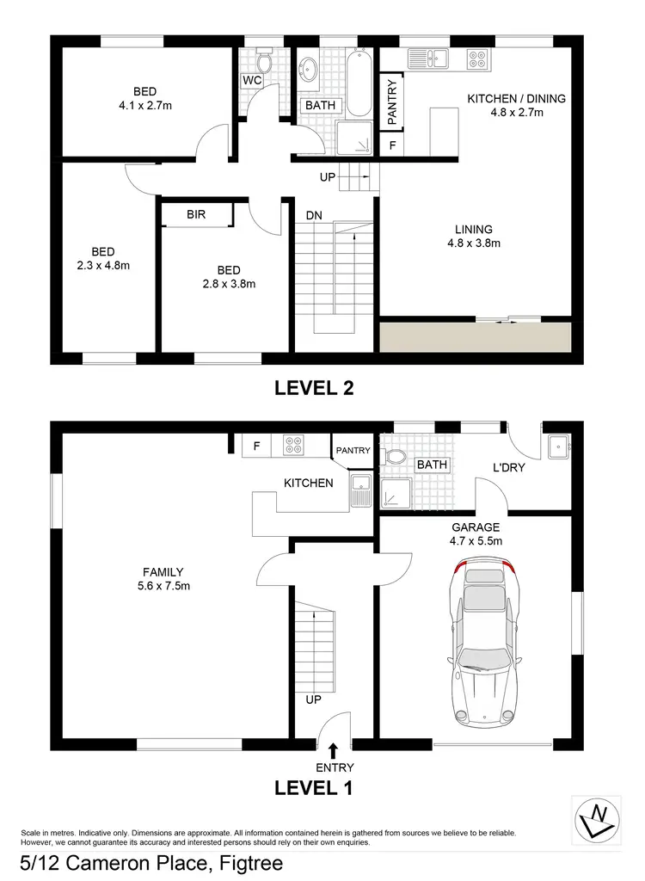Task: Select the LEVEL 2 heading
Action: pyautogui.click(x=314, y=388)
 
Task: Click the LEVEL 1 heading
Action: pyautogui.click(x=314, y=786)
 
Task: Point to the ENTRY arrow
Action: pyautogui.click(x=332, y=750)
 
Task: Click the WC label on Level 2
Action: pyautogui.click(x=252, y=81)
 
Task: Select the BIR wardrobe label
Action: pyautogui.click(x=196, y=215)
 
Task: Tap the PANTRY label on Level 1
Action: pyautogui.click(x=353, y=450)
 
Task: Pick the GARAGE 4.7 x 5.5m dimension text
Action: pyautogui.click(x=476, y=534)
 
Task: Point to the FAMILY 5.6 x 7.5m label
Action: pyautogui.click(x=163, y=579)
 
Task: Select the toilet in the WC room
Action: pyautogui.click(x=264, y=60)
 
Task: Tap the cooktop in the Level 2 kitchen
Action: pyautogui.click(x=478, y=59)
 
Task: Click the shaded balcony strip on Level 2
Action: pyautogui.click(x=476, y=336)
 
